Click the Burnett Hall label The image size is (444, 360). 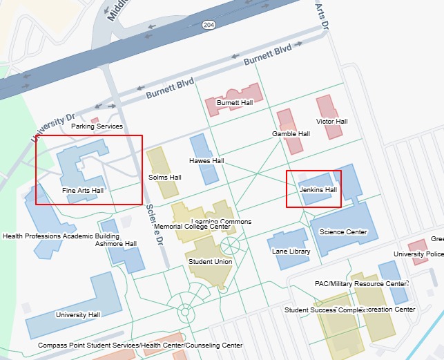(235, 102)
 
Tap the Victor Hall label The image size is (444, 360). (331, 122)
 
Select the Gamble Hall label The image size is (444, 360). (291, 134)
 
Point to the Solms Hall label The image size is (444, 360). (164, 178)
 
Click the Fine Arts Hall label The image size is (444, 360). (82, 190)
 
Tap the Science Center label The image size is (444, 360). (344, 232)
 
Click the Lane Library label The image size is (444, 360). (291, 252)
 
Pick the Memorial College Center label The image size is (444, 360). (192, 227)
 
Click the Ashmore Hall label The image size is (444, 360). (116, 244)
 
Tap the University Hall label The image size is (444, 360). (78, 315)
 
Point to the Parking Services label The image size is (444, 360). (97, 126)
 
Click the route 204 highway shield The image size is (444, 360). (208, 24)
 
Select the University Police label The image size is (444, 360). (418, 254)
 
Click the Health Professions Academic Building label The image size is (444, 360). (61, 236)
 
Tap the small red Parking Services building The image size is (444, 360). (95, 120)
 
